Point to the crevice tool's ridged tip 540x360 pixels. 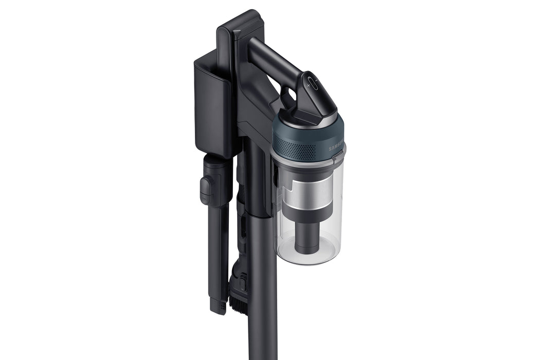click(218, 305)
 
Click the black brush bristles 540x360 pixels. click(238, 303)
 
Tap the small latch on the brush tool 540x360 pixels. click(242, 283)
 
